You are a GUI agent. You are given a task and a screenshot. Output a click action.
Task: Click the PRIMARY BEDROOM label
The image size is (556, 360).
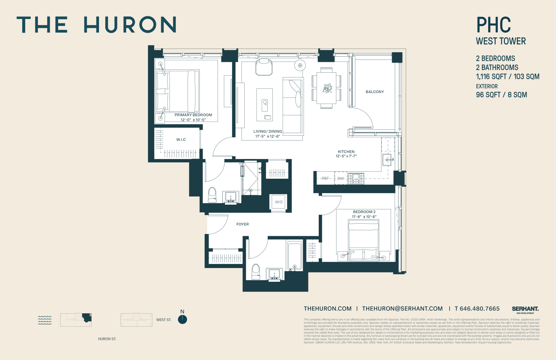point(193,115)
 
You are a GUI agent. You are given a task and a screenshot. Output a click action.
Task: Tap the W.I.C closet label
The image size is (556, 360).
point(181,140)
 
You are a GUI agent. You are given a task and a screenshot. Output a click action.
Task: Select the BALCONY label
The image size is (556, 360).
point(375,92)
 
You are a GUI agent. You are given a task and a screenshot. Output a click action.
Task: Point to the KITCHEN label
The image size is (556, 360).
point(346,152)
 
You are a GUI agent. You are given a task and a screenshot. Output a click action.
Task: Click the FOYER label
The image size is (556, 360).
point(243,224)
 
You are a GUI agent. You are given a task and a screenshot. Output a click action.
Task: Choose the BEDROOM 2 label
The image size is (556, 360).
point(364,212)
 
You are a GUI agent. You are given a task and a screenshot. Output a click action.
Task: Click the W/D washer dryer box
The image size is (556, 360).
point(279,202)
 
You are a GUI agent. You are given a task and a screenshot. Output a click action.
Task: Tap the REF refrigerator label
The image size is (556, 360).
point(325,178)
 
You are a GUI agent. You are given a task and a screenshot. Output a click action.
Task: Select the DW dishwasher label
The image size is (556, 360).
point(340,178)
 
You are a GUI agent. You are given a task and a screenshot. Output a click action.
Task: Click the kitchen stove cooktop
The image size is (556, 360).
point(356,178)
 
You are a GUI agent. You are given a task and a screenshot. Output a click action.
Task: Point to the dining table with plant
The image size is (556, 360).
point(327,88)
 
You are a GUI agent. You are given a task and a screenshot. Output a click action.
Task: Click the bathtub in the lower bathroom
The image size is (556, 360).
point(295,255)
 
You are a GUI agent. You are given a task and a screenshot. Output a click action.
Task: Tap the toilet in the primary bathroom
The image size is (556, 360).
point(212,195)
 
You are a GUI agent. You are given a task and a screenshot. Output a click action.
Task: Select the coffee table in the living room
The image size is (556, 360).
point(265,105)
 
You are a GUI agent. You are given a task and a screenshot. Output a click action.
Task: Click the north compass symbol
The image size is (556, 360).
point(182,319)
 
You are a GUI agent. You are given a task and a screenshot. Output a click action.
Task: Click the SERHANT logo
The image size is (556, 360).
point(525,309)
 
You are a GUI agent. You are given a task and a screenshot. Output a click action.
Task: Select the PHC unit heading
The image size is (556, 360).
point(493,25)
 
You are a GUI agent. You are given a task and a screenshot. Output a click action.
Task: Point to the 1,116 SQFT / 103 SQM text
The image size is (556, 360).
point(507,77)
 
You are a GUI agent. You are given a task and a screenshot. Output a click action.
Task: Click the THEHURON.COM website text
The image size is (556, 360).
point(328,309)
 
